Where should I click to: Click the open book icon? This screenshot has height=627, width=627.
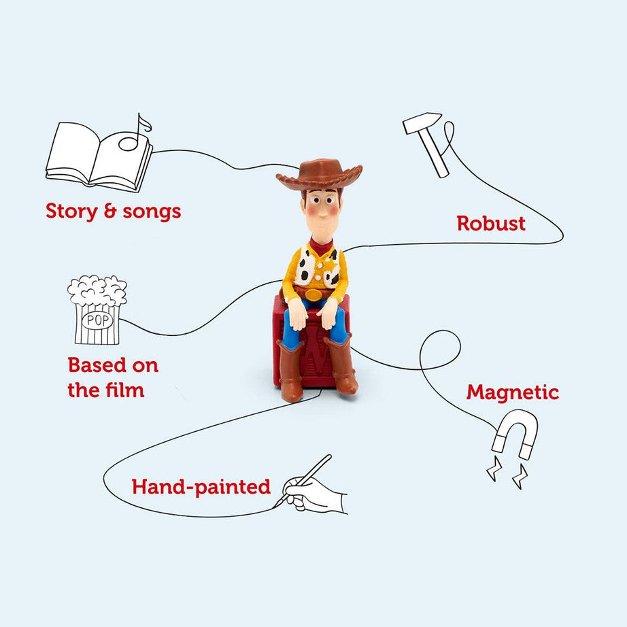point(95,158)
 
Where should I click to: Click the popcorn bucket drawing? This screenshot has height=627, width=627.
point(97,309)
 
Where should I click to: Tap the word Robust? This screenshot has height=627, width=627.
point(491,224)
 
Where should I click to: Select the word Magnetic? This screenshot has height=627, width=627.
point(512,392)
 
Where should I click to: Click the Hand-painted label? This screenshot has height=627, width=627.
point(201,487)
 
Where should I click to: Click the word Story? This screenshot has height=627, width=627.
point(71,211)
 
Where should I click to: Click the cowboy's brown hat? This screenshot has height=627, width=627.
point(320,174)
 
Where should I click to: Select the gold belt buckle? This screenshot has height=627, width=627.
point(313,294)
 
